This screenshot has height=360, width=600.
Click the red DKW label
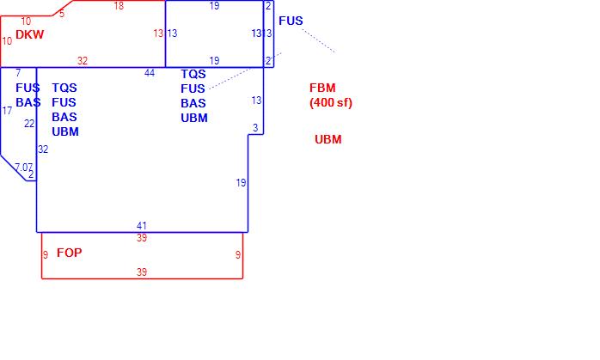(29, 34)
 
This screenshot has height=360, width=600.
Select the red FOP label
(69, 253)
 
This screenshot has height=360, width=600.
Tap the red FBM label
(323, 88)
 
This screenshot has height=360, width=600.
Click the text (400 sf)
(331, 103)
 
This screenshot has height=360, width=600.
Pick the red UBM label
(328, 139)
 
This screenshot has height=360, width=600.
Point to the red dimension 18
(119, 6)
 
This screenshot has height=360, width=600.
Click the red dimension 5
(62, 13)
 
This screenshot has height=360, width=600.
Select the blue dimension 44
(150, 73)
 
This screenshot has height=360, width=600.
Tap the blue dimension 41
(142, 226)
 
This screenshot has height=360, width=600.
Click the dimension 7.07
(24, 167)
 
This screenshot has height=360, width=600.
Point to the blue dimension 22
(29, 124)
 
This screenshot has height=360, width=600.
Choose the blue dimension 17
(8, 111)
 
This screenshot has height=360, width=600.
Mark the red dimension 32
(83, 61)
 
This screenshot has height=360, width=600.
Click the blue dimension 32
(43, 149)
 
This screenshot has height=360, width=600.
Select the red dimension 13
(158, 34)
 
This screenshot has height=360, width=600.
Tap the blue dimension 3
(254, 128)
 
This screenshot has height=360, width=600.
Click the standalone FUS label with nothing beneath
(291, 21)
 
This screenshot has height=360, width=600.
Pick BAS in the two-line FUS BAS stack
(28, 102)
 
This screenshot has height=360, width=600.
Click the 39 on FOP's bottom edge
(142, 272)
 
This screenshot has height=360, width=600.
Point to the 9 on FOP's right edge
(238, 255)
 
